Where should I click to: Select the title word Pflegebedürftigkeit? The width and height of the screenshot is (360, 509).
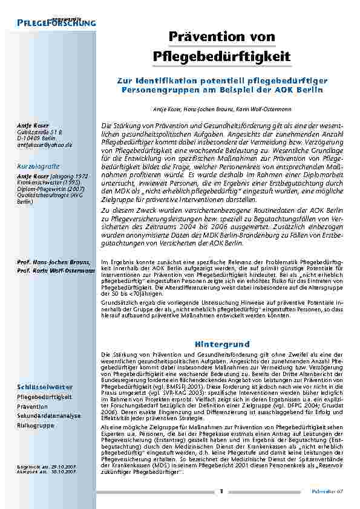point(222,57)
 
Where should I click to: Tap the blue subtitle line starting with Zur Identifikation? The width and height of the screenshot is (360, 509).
point(222,80)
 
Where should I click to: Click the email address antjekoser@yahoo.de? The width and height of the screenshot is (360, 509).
point(44,145)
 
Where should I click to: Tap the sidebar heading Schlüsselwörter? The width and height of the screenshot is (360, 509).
point(45,386)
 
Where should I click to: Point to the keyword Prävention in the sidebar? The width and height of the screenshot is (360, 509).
point(33,407)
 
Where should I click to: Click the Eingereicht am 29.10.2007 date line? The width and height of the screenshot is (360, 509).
point(47,466)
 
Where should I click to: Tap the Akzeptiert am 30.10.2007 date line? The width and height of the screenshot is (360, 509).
point(47,472)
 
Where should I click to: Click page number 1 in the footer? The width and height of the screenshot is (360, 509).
point(222,491)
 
